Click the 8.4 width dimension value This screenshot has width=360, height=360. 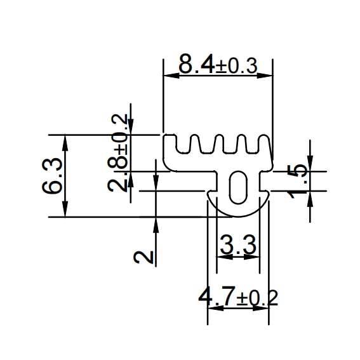pyautogui.click(x=197, y=63)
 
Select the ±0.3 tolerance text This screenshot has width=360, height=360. pyautogui.click(x=236, y=66)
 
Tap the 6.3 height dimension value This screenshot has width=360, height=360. pyautogui.click(x=52, y=176)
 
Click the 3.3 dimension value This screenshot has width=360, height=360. pyautogui.click(x=237, y=244)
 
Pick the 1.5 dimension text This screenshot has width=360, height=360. pyautogui.click(x=298, y=182)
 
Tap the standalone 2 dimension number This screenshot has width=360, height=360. pyautogui.click(x=143, y=257)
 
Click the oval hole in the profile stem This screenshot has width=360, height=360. pyautogui.click(x=239, y=187)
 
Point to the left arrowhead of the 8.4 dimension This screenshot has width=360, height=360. pyautogui.click(x=171, y=76)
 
